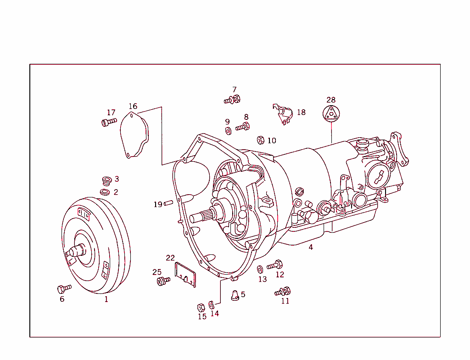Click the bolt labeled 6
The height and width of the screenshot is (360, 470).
(x=64, y=288)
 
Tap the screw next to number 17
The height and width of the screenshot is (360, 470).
(x=109, y=122)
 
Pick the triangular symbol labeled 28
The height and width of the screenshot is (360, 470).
(x=331, y=113)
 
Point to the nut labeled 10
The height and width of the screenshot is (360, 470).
(x=260, y=140)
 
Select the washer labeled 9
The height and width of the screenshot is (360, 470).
(x=228, y=131)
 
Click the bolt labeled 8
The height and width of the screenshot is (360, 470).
(x=243, y=127)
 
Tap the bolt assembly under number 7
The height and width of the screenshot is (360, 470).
(x=233, y=99)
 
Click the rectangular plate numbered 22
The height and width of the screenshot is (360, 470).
(x=186, y=275)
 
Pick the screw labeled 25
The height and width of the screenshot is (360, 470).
(x=162, y=281)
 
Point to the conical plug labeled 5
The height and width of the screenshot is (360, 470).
(x=234, y=295)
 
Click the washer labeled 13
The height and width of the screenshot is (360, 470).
(x=260, y=269)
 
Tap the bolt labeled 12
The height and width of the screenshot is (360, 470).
(x=274, y=265)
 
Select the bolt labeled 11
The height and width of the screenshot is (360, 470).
(x=283, y=292)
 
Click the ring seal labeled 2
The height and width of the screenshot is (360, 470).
(x=105, y=191)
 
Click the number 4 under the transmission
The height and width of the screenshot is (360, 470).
(x=311, y=247)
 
